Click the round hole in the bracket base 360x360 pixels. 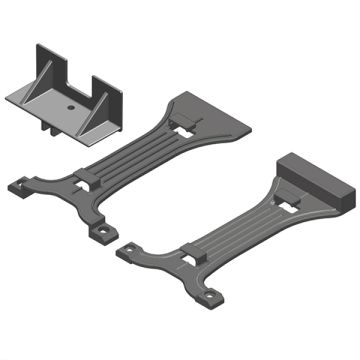pyautogui.click(x=71, y=103)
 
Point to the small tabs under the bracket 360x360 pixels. pyautogui.click(x=47, y=126)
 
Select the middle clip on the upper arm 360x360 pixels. pyautogui.click(x=84, y=178)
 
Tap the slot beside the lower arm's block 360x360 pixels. pyautogui.click(x=292, y=205)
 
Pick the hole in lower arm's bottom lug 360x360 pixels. pyautogui.click(x=212, y=296)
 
